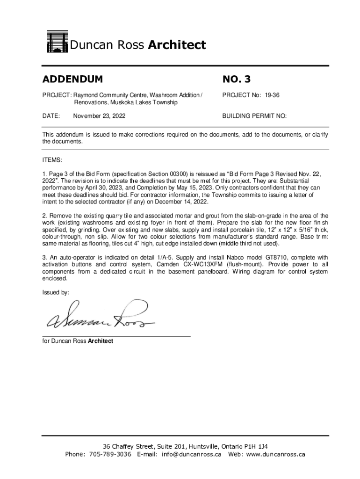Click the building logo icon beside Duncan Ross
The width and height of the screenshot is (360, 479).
coord(57,43)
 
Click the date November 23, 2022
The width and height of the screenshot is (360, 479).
coord(99,115)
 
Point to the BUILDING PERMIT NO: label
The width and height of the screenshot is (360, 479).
coord(254,115)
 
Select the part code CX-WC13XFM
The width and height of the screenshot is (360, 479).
coord(200,264)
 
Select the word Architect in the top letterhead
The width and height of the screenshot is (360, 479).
coord(177,45)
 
